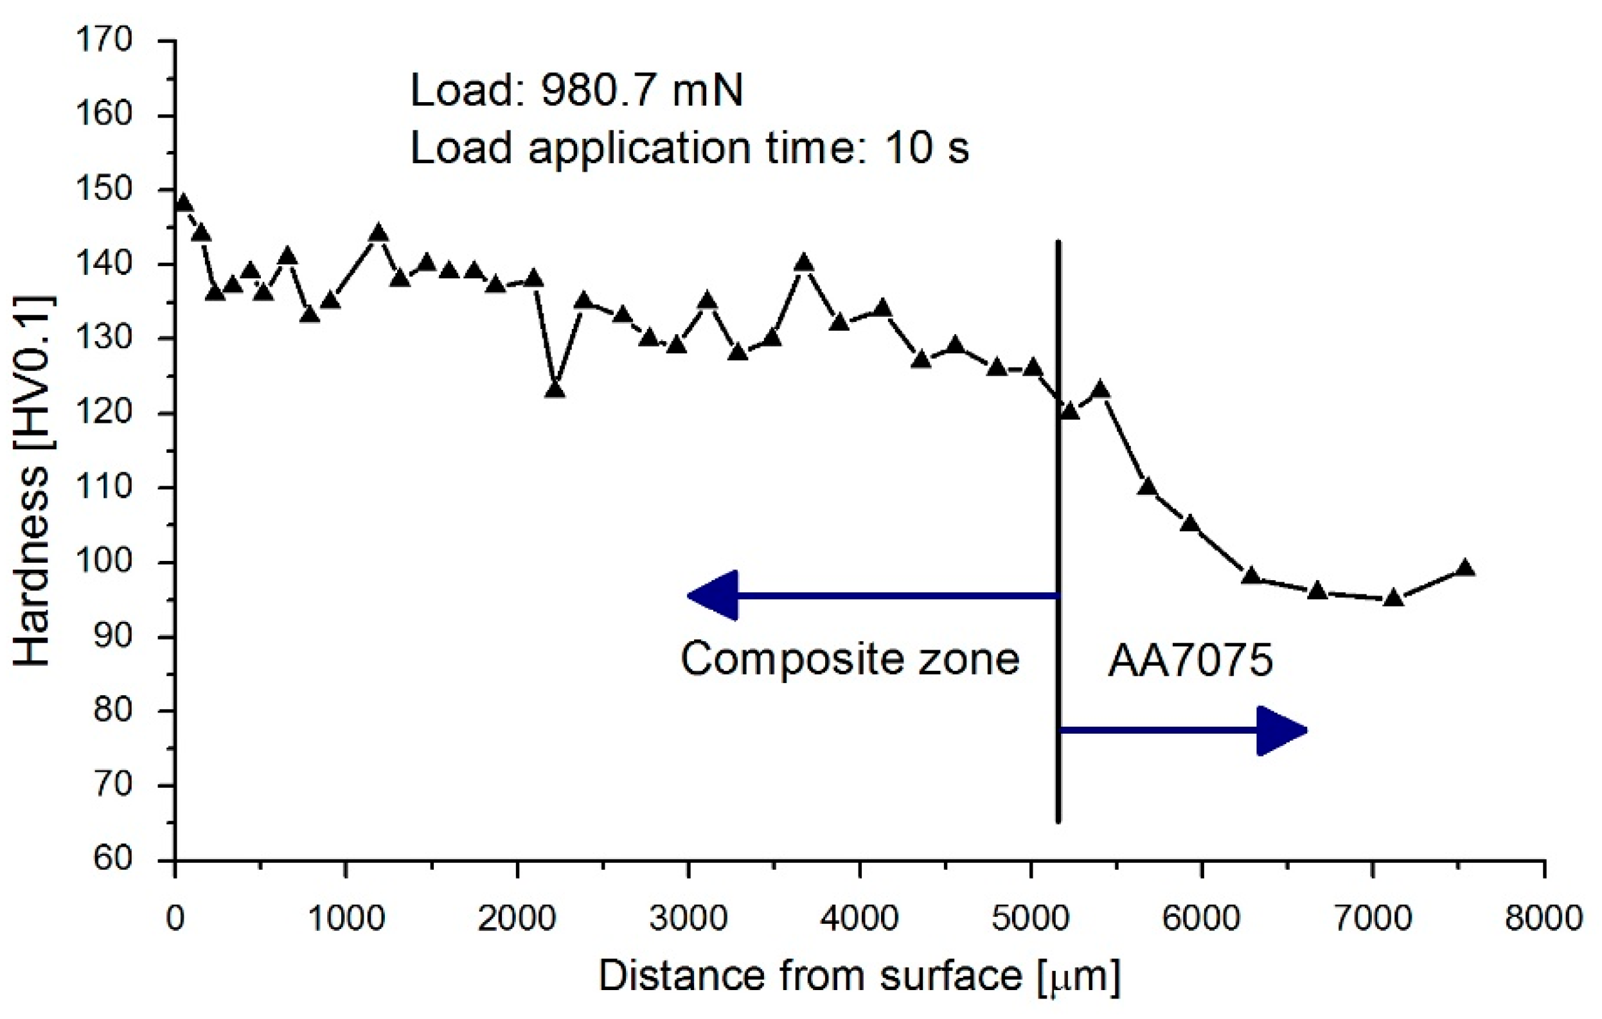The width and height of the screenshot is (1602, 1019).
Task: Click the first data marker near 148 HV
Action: coord(184,204)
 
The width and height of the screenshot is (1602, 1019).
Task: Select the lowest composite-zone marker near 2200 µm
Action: coord(555,390)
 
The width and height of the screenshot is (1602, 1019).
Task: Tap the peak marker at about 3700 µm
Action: coord(804,263)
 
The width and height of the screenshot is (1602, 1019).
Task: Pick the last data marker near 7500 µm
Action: coord(1465,569)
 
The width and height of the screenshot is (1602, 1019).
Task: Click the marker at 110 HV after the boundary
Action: coord(1147,487)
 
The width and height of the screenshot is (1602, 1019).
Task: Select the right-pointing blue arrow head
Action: coord(1281,731)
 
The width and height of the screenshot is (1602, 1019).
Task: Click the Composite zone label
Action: coord(850,660)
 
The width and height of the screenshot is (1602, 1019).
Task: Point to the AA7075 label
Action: coord(1190,661)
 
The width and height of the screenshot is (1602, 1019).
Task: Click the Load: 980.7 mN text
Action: coord(576,91)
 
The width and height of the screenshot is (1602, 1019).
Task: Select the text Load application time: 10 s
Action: coord(690,148)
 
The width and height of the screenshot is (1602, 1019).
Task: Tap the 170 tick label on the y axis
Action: coord(105,40)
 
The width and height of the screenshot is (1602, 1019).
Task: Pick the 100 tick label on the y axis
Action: coord(105,562)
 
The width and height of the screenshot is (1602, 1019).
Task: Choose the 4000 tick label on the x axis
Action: coord(859,919)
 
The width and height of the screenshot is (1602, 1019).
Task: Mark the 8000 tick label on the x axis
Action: coord(1544,919)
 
